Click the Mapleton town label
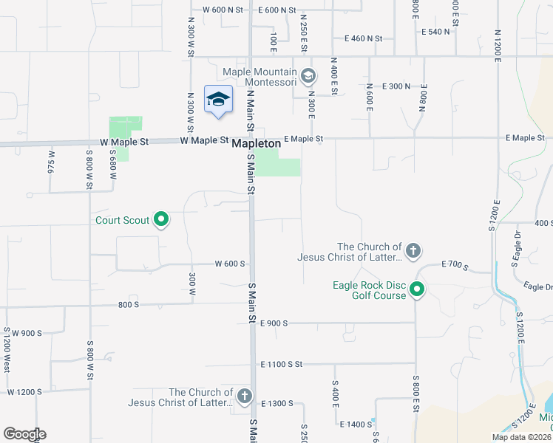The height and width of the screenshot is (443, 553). click(257, 144)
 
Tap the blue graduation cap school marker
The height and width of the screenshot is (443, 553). click(218, 100)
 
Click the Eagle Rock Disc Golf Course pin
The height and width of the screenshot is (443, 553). click(418, 289)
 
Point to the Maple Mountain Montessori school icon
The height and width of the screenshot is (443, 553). click(308, 75)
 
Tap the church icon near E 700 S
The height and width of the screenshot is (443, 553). click(413, 251)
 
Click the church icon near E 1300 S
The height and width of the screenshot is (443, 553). click(245, 397)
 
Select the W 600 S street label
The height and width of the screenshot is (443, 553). click(230, 264)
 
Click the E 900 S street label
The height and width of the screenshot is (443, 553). click(274, 323)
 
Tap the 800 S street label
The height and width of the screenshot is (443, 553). click(128, 304)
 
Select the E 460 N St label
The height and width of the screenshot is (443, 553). click(363, 38)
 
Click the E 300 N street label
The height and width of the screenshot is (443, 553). click(396, 86)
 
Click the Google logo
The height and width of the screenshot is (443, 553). click(24, 434)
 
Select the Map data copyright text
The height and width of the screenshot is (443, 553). click(521, 437)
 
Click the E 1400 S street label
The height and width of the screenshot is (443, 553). click(356, 425)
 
